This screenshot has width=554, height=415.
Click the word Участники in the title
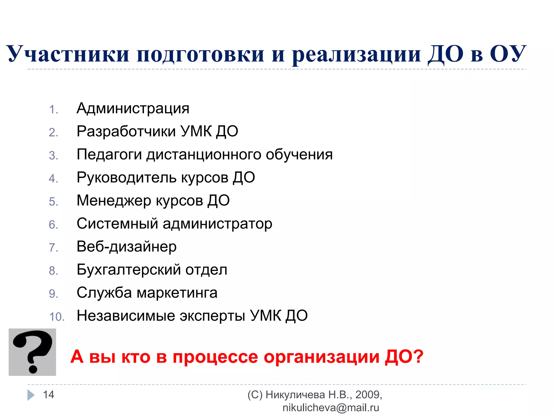click(x=68, y=54)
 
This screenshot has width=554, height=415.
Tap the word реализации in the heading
click(x=357, y=54)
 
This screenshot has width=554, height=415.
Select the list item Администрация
click(x=133, y=109)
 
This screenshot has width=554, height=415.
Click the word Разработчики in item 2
click(x=126, y=132)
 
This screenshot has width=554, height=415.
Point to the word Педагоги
click(x=109, y=155)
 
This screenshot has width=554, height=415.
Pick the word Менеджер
click(x=114, y=201)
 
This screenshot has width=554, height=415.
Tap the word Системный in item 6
click(x=117, y=224)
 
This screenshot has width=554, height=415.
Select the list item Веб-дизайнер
click(x=127, y=247)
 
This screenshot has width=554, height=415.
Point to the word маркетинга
click(x=177, y=293)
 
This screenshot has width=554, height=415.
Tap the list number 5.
click(x=54, y=202)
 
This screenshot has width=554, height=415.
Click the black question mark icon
click(x=32, y=352)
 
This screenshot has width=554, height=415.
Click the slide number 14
click(x=49, y=395)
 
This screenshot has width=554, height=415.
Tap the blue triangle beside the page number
click(x=31, y=395)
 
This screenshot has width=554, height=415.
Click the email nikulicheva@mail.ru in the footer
click(x=331, y=408)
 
